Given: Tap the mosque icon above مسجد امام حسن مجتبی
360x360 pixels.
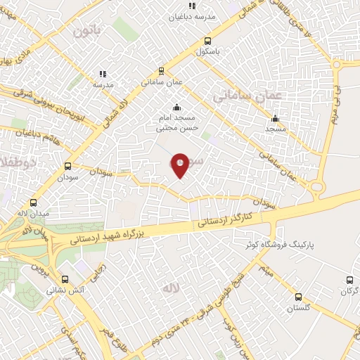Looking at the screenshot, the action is (176, 108).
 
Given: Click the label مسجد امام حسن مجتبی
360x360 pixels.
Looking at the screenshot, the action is (176, 124).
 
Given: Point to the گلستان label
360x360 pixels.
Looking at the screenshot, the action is (298, 309).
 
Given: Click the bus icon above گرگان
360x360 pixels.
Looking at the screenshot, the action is (349, 281).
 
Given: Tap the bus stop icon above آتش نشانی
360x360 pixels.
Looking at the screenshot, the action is (65, 278).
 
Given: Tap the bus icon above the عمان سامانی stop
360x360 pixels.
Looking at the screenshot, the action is (162, 71).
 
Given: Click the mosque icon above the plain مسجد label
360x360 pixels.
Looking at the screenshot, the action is (275, 118).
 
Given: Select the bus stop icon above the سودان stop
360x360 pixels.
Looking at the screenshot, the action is (68, 167).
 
